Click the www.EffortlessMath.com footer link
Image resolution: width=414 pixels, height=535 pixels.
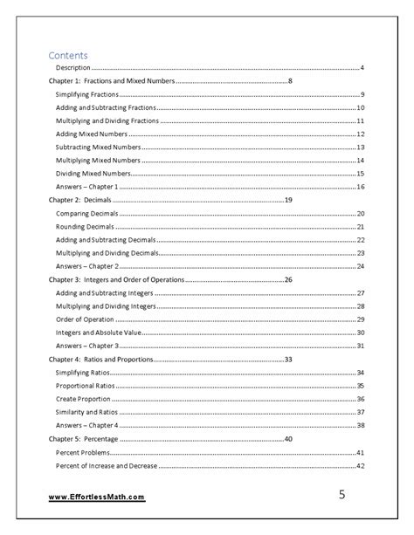95,497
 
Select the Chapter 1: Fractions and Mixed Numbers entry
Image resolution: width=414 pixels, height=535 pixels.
111,80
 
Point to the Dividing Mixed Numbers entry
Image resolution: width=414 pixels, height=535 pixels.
93,174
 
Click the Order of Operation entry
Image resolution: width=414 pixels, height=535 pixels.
86,319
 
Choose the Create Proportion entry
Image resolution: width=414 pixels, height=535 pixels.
83,399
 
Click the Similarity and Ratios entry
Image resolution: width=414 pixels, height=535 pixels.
88,412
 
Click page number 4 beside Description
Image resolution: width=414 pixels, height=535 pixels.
362,67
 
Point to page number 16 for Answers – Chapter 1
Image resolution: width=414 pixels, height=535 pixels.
360,187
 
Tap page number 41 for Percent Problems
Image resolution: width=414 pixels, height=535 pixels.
360,452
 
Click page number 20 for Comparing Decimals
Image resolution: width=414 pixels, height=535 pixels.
360,213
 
